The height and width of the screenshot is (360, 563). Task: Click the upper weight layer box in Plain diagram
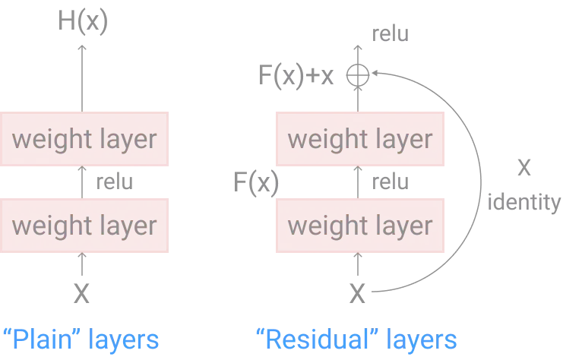pos(84,138)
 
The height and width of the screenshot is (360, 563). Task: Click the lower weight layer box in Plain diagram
pos(84,225)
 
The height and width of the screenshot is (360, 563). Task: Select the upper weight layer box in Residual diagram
pos(360,138)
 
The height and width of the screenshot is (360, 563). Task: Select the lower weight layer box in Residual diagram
pos(360,225)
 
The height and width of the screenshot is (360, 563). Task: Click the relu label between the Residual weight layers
pos(391,182)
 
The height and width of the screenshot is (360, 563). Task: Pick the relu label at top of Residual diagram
pos(391,34)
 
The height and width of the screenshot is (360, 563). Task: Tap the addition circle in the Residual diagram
pos(358,74)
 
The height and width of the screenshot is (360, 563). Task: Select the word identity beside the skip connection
pos(523,203)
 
